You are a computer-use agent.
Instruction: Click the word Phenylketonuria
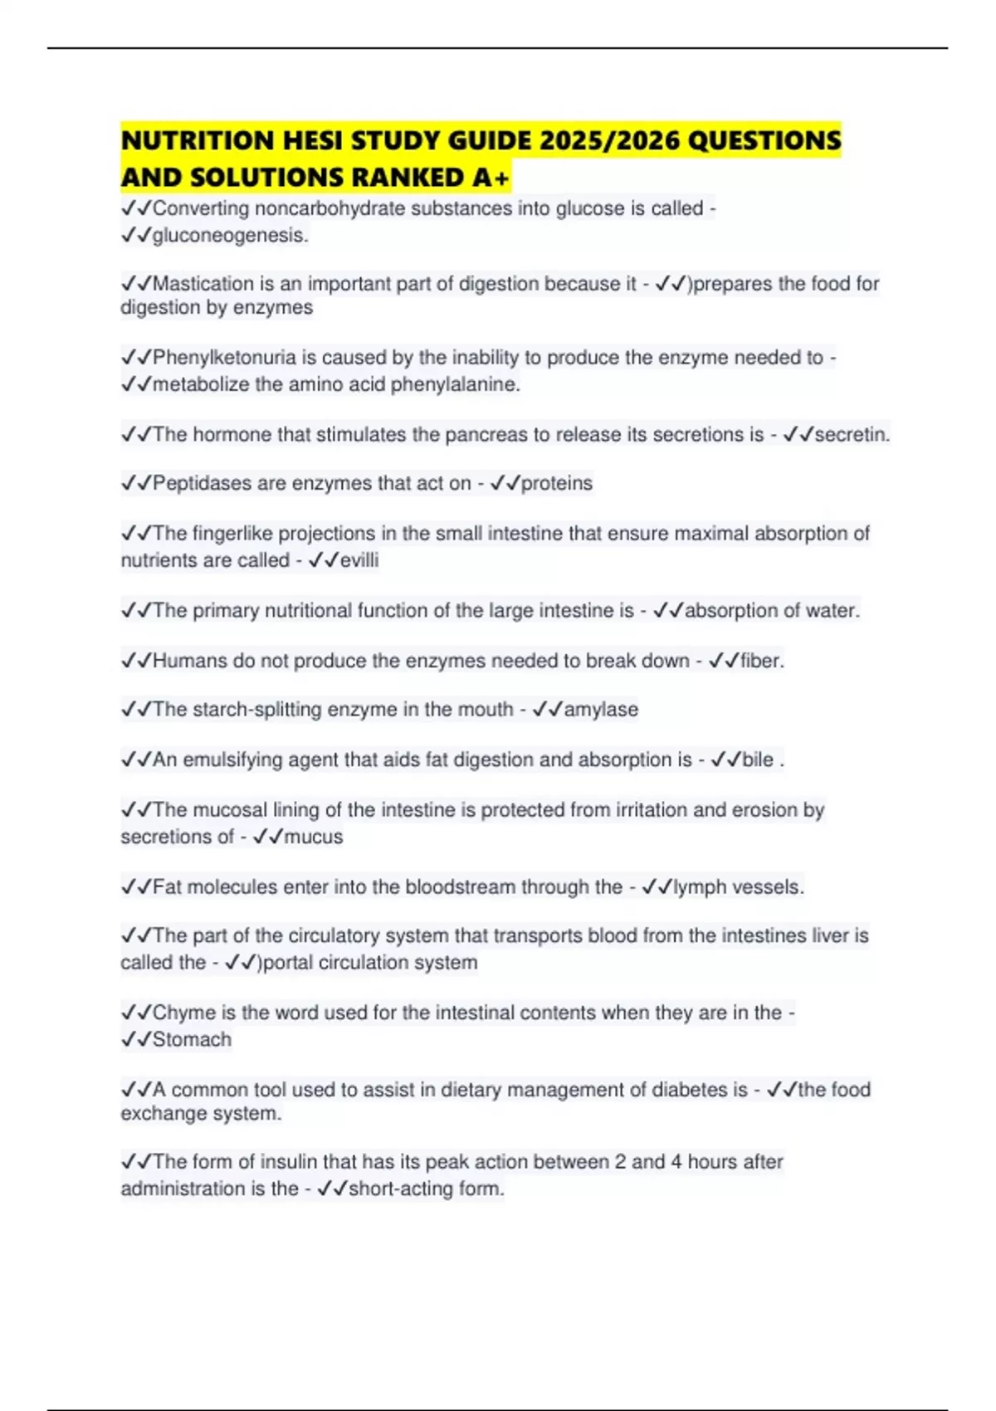tap(224, 358)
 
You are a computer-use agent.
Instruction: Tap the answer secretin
tap(852, 434)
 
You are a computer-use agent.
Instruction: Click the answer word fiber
tap(761, 661)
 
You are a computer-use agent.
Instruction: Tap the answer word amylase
tap(601, 710)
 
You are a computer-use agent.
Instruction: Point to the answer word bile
tap(757, 759)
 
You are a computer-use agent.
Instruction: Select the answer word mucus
tap(313, 837)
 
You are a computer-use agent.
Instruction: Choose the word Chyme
tap(183, 1013)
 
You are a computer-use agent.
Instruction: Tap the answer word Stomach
tap(192, 1039)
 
